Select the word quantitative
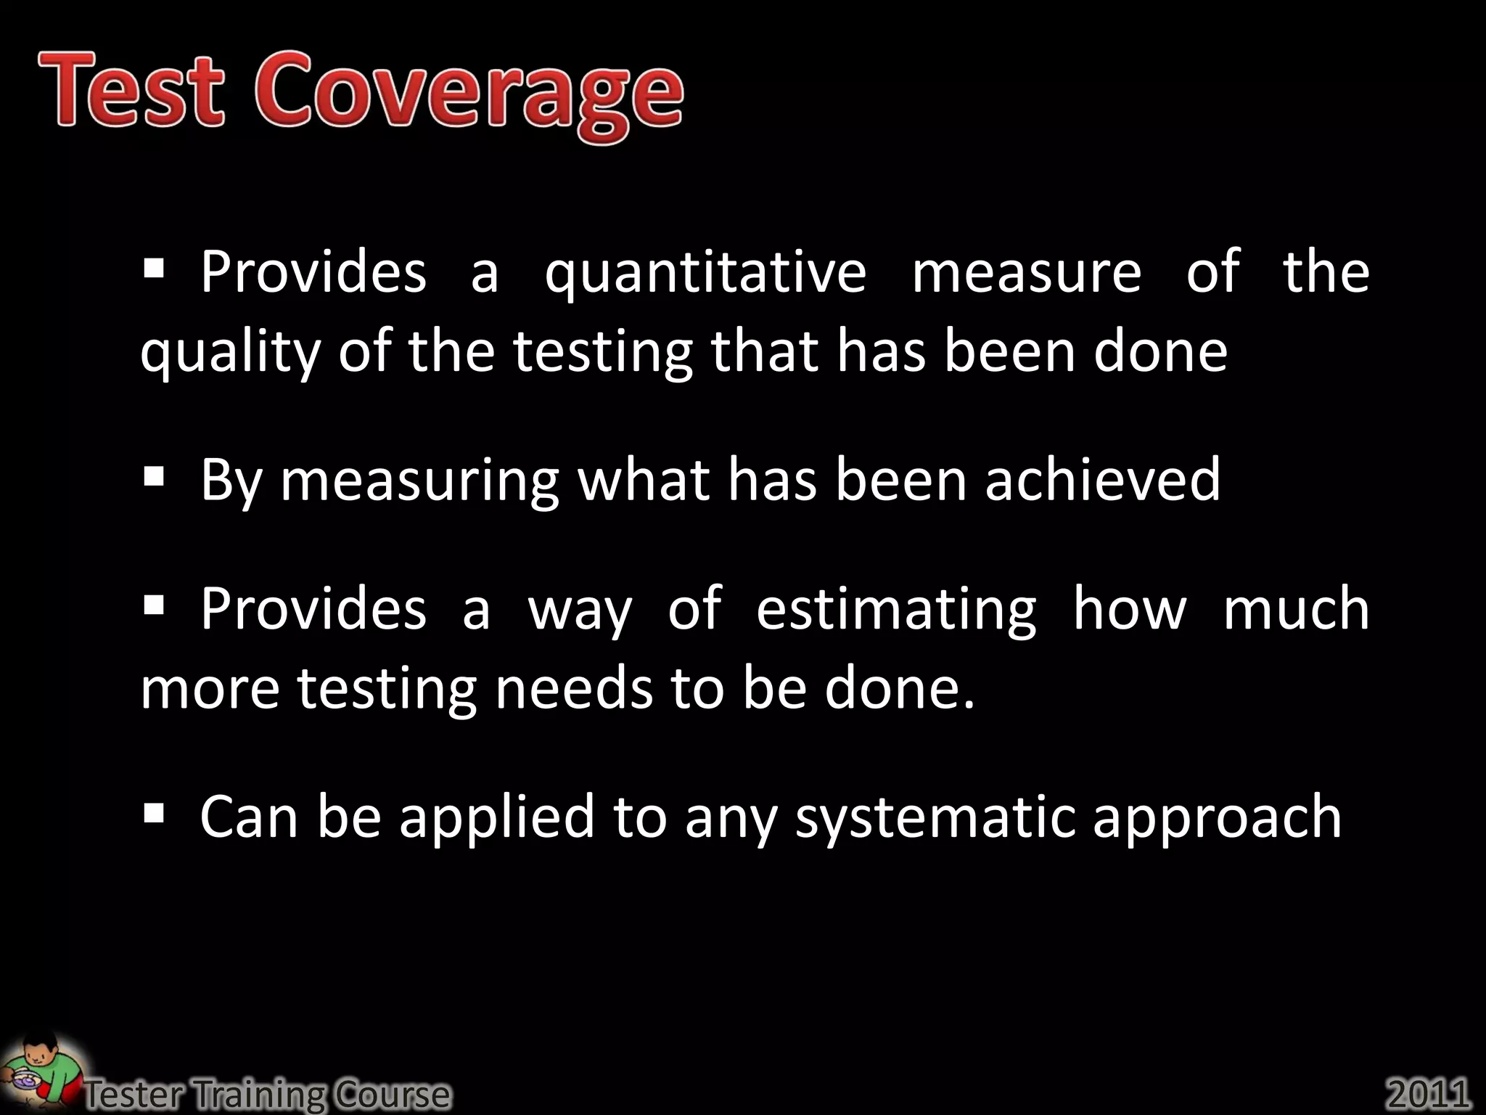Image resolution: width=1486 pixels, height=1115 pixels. pyautogui.click(x=705, y=274)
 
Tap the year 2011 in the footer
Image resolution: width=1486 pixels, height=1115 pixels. pyautogui.click(x=1428, y=1093)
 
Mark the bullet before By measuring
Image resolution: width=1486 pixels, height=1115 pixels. pyautogui.click(x=154, y=477)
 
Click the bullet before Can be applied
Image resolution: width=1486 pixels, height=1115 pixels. pyautogui.click(x=154, y=813)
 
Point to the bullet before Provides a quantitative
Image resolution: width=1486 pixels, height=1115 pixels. pyautogui.click(x=154, y=270)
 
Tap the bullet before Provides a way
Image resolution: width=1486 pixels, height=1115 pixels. pyautogui.click(x=154, y=605)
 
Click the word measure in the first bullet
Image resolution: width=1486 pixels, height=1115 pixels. pyautogui.click(x=1026, y=273)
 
